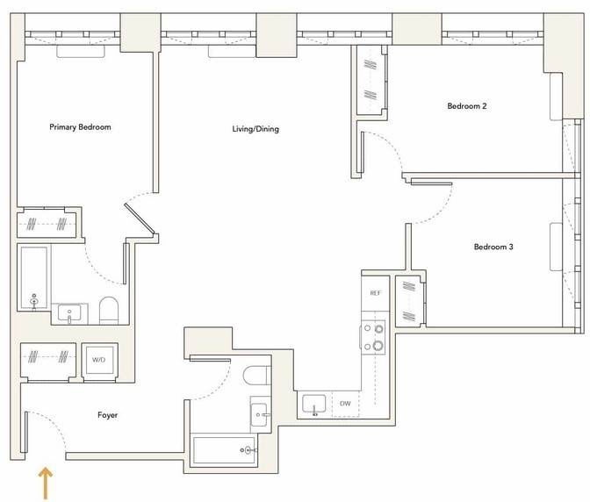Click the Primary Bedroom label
point(80,127)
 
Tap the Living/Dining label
point(255,129)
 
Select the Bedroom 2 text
point(466,106)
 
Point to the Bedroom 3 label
point(493,247)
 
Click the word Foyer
point(108,415)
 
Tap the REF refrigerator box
point(375,293)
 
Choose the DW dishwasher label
point(345,404)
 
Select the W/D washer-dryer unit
point(100,360)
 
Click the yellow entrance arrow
point(46,484)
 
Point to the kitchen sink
point(314,405)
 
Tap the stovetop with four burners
point(373,338)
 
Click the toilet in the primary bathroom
point(109,311)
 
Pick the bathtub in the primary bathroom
point(34,278)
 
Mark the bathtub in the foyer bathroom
point(224,450)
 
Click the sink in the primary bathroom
point(69,314)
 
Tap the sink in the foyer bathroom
point(260,415)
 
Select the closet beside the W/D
point(48,361)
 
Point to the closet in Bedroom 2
point(371,80)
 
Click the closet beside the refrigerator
point(409,301)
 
